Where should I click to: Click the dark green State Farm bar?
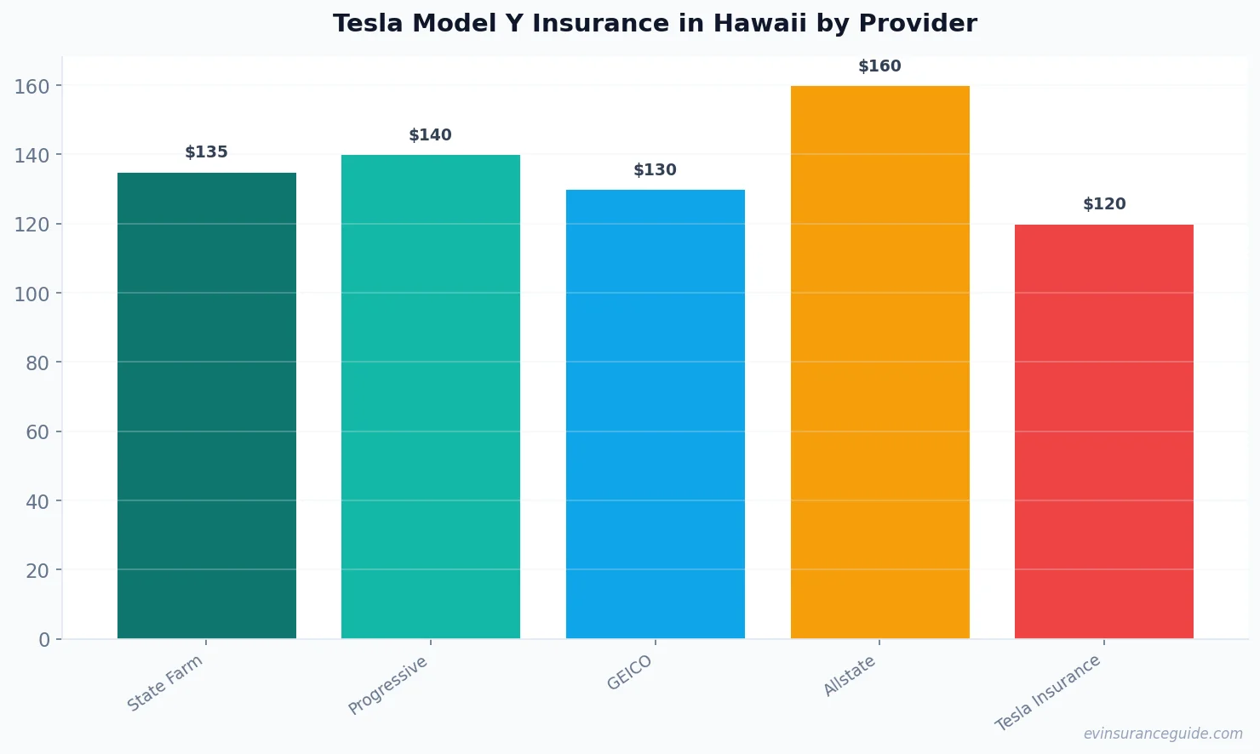pos(207,405)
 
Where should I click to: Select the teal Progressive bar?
pos(431,397)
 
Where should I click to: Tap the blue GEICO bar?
pos(655,414)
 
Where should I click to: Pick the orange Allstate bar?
pos(879,362)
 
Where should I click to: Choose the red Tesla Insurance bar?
pos(1103,431)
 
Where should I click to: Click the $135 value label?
pos(207,152)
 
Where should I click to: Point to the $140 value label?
pos(431,135)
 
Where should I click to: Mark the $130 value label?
pos(655,170)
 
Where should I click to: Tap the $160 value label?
pos(879,66)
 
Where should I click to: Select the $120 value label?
pos(1104,204)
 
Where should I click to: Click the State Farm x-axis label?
pos(165,683)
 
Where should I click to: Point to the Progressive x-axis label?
pos(388,685)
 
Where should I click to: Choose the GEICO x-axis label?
pos(629,672)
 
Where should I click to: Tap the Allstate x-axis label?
pos(849,677)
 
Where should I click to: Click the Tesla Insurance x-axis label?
pos(1048,693)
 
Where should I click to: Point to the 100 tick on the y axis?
pos(31,294)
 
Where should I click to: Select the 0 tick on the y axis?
pos(44,640)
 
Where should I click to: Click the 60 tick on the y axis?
pos(37,432)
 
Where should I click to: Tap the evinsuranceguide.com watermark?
pos(1163,734)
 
